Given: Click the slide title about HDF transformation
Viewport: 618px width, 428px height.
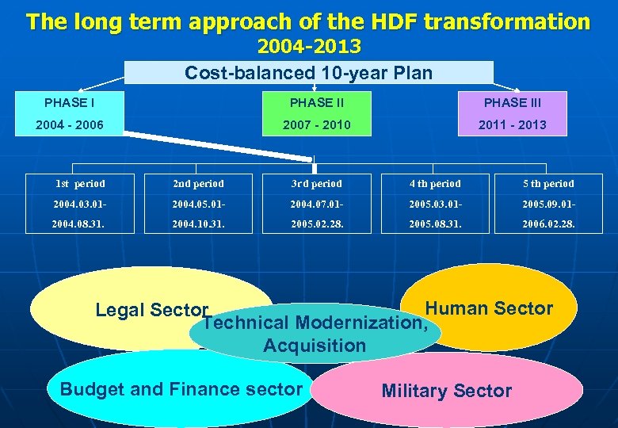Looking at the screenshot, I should [x=308, y=21].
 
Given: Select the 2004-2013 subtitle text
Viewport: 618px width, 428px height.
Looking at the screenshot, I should [x=308, y=47].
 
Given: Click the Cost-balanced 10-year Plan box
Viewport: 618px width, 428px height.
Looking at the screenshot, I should [x=308, y=73].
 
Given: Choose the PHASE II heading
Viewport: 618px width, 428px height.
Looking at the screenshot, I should [x=316, y=102].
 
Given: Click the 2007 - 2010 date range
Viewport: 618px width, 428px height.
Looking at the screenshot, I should [x=316, y=124].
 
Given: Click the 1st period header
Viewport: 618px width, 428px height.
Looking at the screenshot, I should [x=80, y=184].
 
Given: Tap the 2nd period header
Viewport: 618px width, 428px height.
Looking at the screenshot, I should [x=198, y=184].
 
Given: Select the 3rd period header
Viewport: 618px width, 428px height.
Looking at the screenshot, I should [x=316, y=184].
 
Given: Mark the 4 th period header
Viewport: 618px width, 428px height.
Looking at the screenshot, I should [x=434, y=184].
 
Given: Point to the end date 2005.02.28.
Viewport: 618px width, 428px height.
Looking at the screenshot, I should [x=316, y=224].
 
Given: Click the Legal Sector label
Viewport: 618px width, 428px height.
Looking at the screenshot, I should [x=151, y=310].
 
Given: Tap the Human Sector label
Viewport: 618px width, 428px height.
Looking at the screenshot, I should [x=489, y=308].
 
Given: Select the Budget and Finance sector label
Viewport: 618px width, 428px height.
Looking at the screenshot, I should [x=181, y=389].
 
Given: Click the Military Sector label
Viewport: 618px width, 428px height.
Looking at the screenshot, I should [x=447, y=391].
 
